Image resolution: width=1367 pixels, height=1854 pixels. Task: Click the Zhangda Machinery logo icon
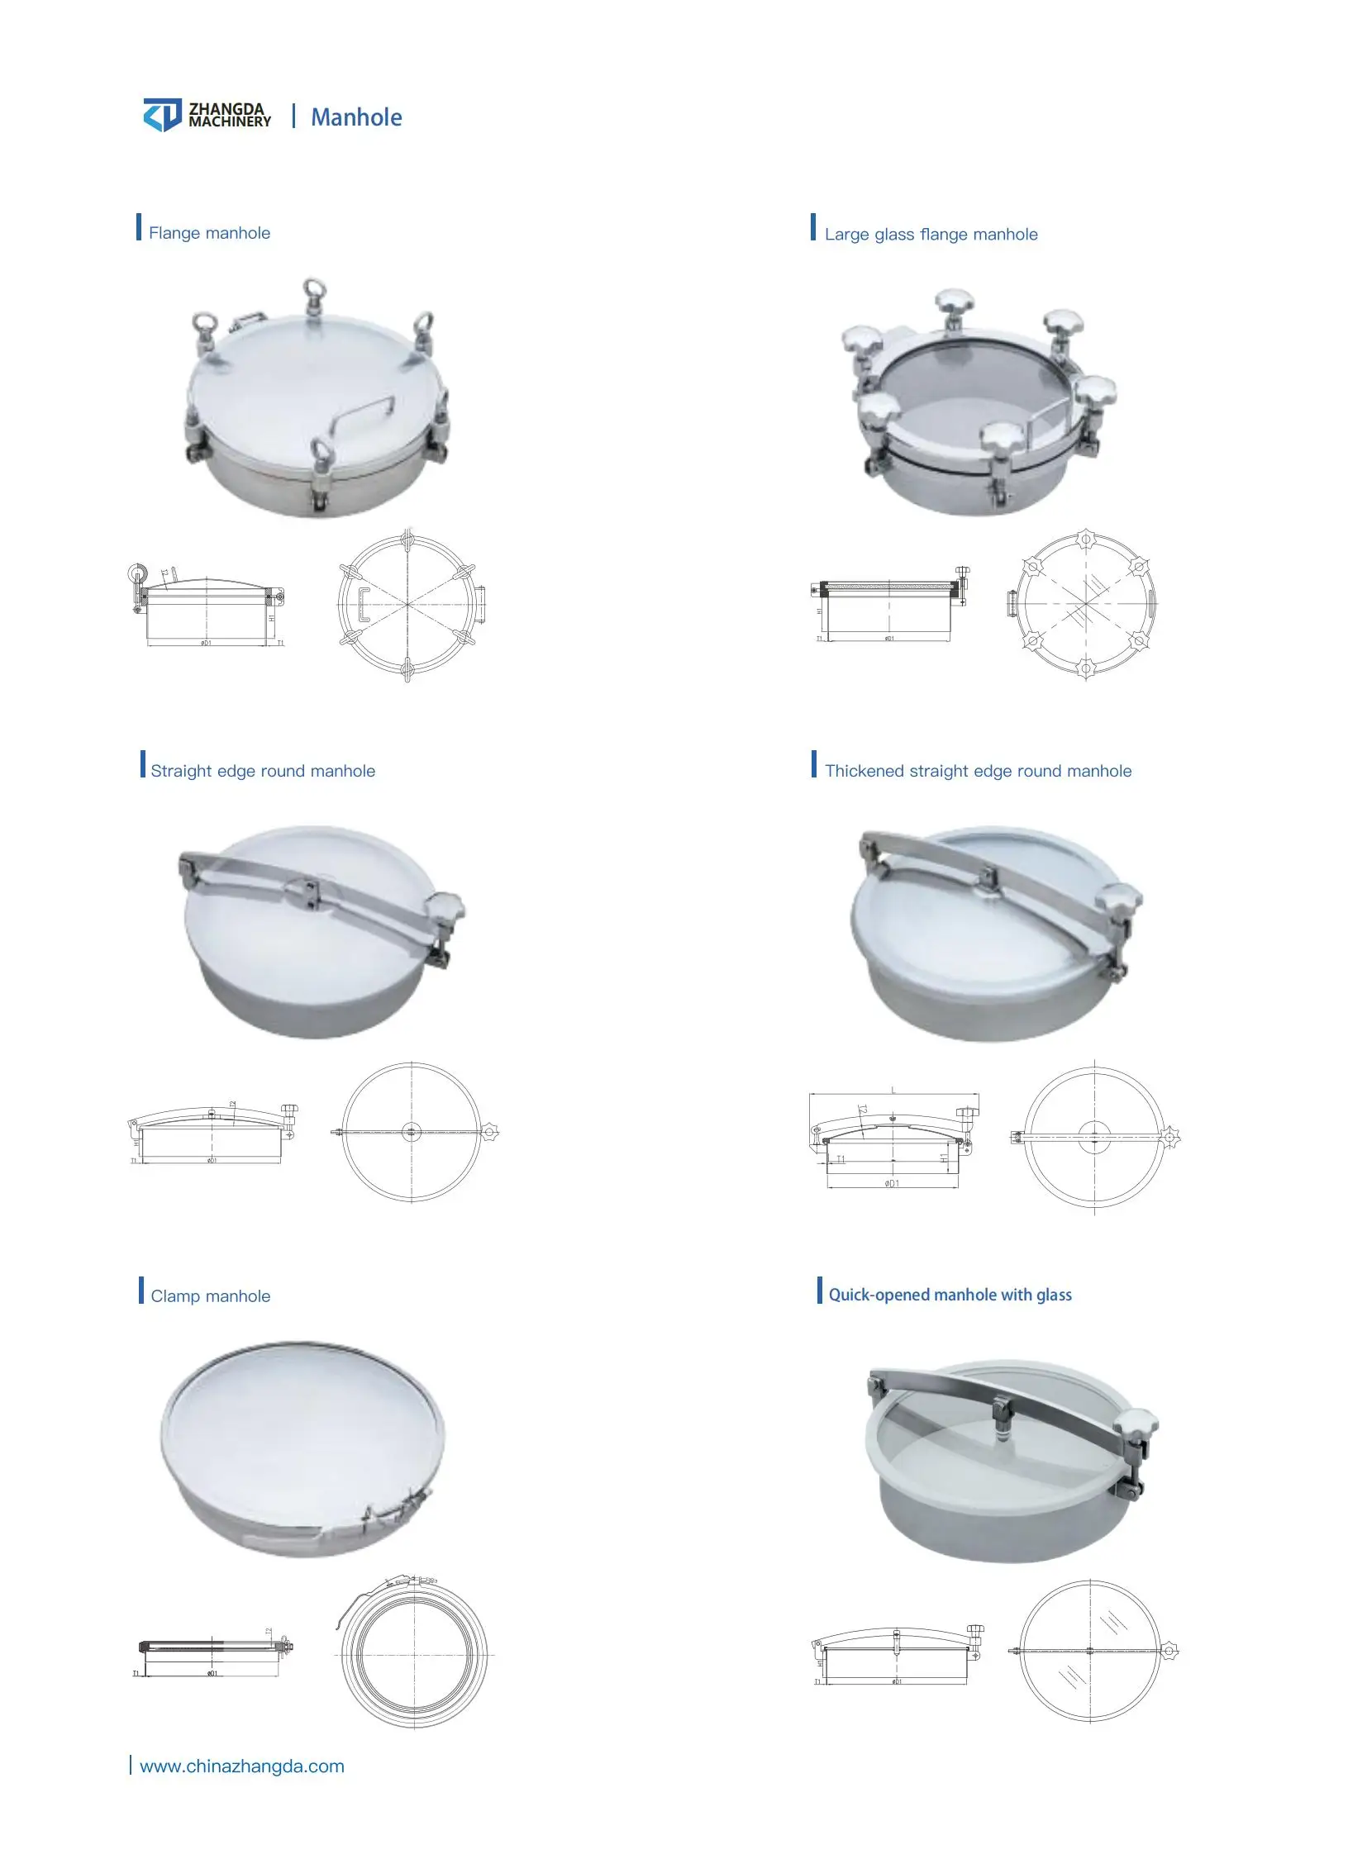162,115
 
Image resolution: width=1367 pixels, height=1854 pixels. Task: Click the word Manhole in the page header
356,117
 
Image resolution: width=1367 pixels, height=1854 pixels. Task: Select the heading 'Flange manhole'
209,233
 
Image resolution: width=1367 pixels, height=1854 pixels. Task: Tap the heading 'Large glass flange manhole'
930,234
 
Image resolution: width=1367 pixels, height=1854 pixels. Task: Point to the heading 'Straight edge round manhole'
262,771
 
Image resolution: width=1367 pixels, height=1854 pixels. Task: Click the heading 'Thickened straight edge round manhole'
977,771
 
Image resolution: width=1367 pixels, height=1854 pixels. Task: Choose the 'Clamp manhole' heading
210,1296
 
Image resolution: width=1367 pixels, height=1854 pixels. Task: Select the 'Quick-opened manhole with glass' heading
949,1295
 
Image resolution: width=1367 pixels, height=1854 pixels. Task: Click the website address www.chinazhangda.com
241,1766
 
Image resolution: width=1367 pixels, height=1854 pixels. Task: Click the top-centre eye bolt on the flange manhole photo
313,294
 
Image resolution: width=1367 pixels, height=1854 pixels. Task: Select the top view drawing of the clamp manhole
413,1655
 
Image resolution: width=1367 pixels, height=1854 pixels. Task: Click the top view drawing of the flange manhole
409,605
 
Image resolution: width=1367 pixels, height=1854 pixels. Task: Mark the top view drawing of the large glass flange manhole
1084,603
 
